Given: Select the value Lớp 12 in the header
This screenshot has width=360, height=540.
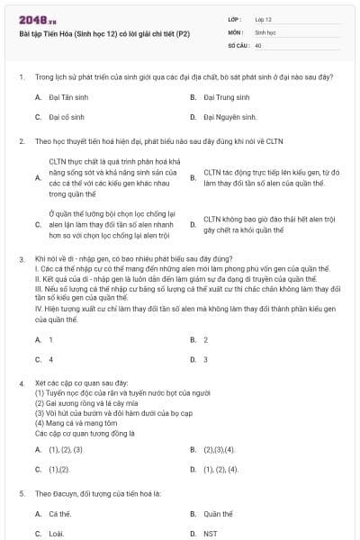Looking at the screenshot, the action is point(264,18).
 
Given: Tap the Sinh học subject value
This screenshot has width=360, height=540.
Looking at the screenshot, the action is point(265,31).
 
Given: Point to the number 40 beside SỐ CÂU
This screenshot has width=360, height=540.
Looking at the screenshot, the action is point(258,44).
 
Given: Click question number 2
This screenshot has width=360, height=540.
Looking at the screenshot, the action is point(21,141).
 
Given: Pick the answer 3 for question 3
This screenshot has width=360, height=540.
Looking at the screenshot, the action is point(205,359).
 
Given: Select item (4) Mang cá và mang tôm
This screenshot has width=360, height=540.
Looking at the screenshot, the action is point(78,422).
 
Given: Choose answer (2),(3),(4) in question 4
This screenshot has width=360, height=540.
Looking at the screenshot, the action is point(219,448).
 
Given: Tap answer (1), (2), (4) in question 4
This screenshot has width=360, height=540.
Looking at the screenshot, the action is point(220,469).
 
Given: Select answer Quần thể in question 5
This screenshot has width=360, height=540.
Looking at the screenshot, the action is point(218,513).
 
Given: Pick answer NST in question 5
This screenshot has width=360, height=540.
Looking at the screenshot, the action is point(210,534).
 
